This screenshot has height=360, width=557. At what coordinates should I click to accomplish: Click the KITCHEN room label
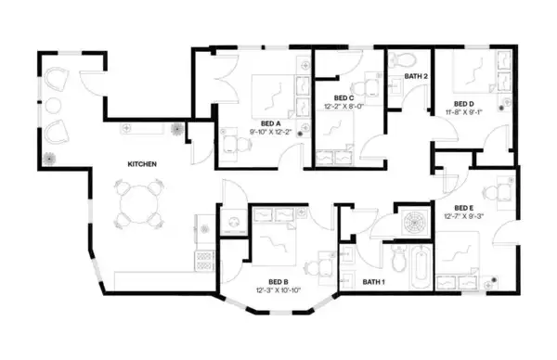142,164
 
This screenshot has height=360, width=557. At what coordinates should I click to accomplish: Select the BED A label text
271,123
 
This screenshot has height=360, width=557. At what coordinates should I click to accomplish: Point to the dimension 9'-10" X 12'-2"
271,133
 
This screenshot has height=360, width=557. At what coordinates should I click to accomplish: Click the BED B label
278,281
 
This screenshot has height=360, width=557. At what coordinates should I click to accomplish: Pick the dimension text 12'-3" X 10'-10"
278,290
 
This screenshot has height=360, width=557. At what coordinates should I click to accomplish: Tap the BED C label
344,97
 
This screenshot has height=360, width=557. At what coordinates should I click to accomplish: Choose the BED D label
464,103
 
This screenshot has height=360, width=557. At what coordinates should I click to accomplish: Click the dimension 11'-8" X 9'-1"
464,112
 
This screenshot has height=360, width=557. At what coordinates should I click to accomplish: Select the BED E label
464,207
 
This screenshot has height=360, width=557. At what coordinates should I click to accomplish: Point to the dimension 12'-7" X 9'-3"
464,216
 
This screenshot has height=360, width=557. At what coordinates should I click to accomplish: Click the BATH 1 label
374,281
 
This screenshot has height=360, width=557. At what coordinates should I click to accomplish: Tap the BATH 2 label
415,75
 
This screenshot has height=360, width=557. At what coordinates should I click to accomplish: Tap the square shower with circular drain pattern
413,224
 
